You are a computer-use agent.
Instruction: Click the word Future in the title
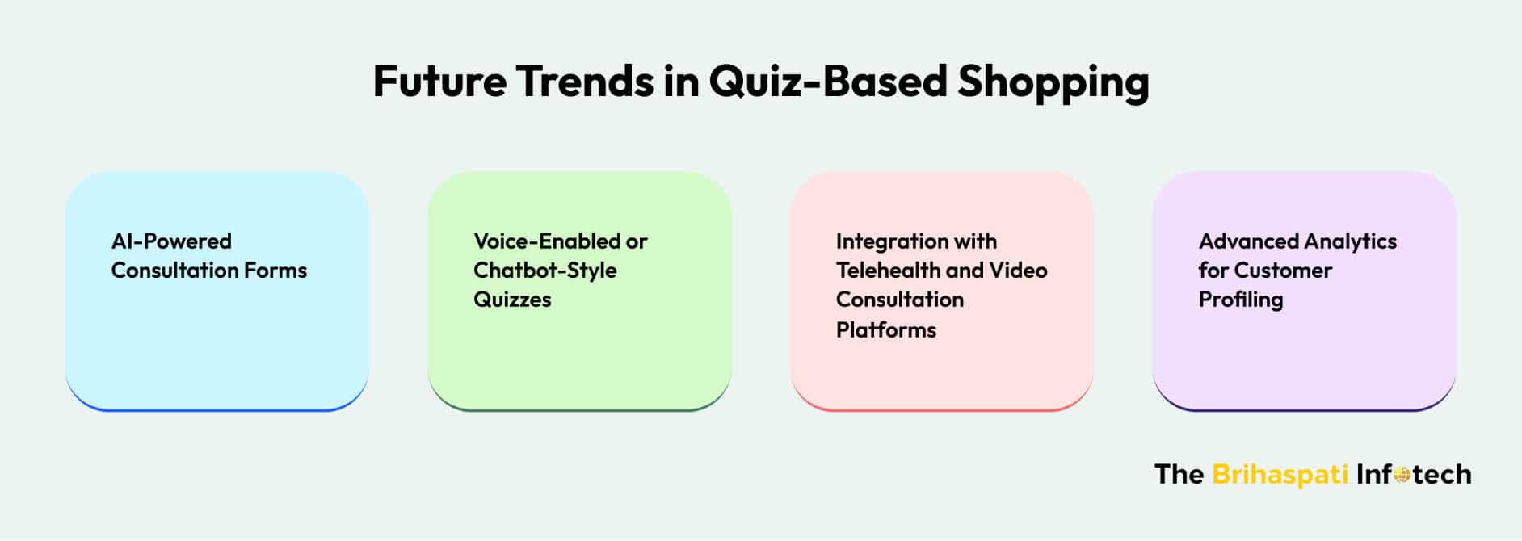click(x=439, y=82)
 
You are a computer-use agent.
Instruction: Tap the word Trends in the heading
click(x=584, y=82)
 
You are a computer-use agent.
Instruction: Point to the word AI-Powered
click(x=171, y=241)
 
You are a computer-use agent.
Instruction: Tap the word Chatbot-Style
click(x=545, y=270)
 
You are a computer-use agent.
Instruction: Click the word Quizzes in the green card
click(x=512, y=299)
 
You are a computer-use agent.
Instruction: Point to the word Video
click(x=1019, y=270)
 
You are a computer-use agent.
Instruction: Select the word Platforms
click(x=886, y=329)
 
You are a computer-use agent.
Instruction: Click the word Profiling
click(x=1241, y=300)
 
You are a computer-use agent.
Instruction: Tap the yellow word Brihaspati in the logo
click(x=1280, y=474)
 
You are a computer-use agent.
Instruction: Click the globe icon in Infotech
click(x=1402, y=476)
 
